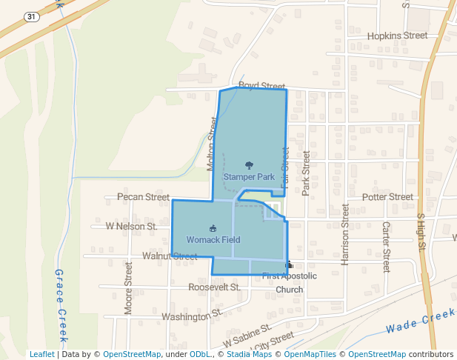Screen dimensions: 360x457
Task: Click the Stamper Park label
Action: click(249, 177)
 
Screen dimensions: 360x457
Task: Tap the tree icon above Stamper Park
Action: click(248, 166)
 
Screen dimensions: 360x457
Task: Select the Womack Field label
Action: click(213, 240)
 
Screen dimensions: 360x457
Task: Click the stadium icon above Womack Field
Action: click(213, 228)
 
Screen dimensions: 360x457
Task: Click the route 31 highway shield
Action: click(30, 16)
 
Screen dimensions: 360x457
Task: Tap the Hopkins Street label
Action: click(398, 36)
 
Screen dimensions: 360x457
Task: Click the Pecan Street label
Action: click(143, 197)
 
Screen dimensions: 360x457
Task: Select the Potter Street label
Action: click(387, 197)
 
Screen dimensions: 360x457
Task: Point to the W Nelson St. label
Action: click(132, 225)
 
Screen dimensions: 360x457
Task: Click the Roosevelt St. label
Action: click(215, 287)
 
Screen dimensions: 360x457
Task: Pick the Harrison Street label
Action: click(345, 235)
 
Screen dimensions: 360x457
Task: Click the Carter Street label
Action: click(386, 246)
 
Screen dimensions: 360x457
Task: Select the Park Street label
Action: click(305, 174)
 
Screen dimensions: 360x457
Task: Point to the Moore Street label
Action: click(128, 287)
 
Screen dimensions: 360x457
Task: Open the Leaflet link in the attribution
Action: click(41, 354)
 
